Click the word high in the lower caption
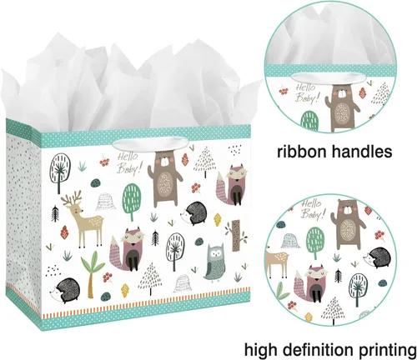tap(261, 350)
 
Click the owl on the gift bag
tap(214, 262)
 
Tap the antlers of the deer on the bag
tap(72, 197)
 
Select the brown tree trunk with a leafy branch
tap(236, 235)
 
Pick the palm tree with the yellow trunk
tap(92, 270)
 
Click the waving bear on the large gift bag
tap(164, 181)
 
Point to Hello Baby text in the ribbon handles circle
tap(306, 93)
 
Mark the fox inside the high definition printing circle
tap(308, 282)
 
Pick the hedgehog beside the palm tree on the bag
tap(66, 290)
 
